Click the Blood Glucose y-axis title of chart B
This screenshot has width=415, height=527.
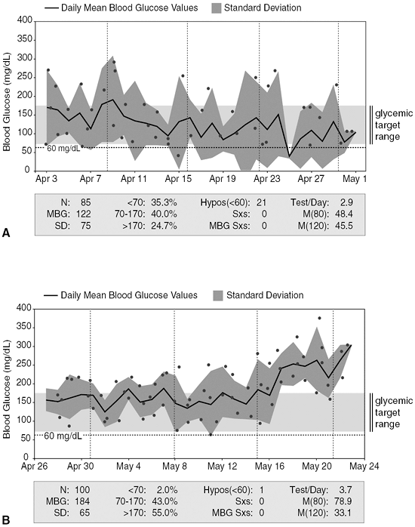[x=8, y=381]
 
